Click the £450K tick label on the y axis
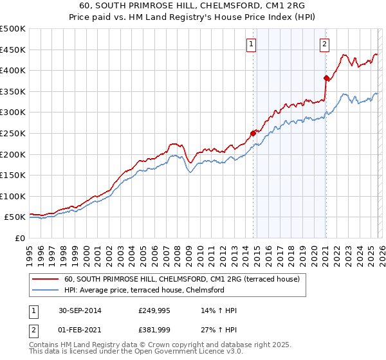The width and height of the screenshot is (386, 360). (13, 50)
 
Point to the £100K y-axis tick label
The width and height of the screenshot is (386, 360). (13, 196)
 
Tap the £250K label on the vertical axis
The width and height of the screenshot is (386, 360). (13, 133)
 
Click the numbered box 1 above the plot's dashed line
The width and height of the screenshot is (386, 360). (250, 44)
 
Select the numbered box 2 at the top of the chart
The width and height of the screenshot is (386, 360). (324, 44)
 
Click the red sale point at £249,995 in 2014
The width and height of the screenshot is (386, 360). (253, 134)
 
